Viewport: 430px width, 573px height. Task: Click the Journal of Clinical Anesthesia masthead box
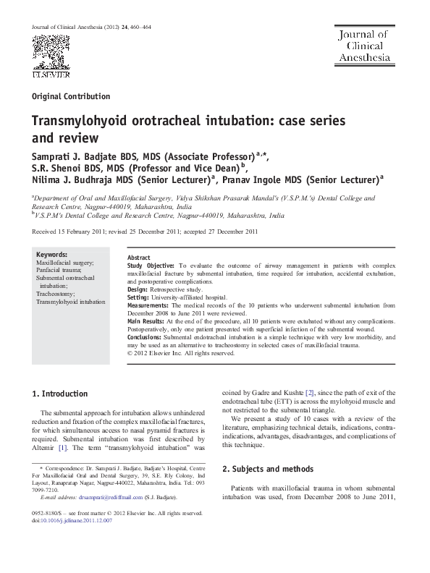(x=362, y=46)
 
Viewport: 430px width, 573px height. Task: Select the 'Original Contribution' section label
(x=71, y=96)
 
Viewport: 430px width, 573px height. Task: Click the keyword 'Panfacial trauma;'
(x=63, y=270)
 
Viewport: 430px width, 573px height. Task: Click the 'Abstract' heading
(x=138, y=258)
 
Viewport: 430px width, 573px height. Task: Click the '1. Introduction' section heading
(x=61, y=394)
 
